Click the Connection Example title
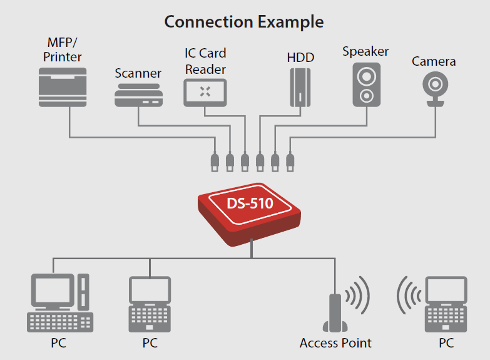(x=244, y=22)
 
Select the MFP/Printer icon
(x=63, y=87)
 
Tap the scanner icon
(x=138, y=95)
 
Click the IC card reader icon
(x=205, y=93)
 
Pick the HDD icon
(x=300, y=88)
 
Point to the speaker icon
(x=367, y=85)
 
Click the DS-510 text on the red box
(x=250, y=203)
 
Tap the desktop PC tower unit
(x=83, y=292)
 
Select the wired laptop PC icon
(x=150, y=304)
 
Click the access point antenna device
(x=335, y=313)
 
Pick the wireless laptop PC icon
(x=446, y=304)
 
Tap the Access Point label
(x=335, y=343)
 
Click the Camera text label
(x=434, y=61)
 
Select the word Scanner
(x=138, y=73)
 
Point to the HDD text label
(x=300, y=58)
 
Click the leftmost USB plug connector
(x=215, y=162)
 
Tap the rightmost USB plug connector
(x=290, y=162)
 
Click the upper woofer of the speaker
(x=367, y=76)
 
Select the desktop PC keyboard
(x=60, y=322)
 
